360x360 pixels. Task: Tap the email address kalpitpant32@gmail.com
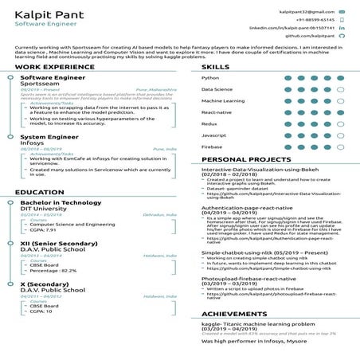coord(307,13)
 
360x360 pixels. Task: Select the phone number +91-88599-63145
coord(313,20)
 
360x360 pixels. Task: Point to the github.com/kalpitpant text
coord(309,36)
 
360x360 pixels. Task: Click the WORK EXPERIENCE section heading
coord(49,67)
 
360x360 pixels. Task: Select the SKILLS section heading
coord(216,67)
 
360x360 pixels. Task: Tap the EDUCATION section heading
coord(40,192)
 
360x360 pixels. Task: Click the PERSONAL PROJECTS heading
coord(245,159)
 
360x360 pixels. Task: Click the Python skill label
coord(211,78)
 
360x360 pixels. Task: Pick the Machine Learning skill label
coord(224,101)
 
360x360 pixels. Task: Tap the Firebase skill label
coord(213,147)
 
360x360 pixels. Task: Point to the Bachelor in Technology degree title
coord(61,202)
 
